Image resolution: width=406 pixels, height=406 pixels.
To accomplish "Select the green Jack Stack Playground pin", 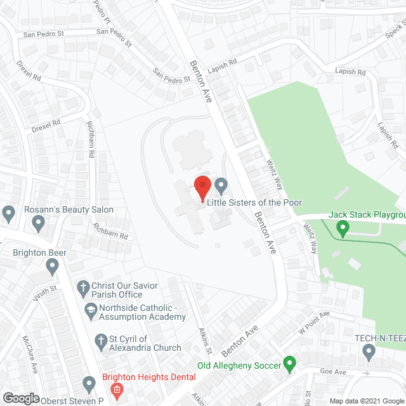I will click(343, 227).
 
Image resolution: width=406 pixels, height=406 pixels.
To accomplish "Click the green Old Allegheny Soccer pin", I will click(290, 364).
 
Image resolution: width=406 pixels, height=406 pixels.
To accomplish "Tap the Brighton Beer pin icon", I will click(52, 267).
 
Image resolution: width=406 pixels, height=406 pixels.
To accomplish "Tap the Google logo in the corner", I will click(20, 398).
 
